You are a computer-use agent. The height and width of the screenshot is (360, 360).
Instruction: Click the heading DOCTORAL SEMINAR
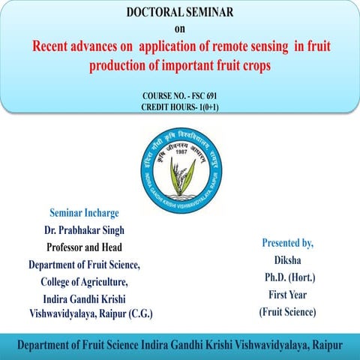(179, 13)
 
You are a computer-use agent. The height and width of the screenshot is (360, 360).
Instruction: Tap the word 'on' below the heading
(179, 30)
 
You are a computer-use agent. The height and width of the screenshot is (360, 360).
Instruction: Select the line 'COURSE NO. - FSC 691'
(179, 97)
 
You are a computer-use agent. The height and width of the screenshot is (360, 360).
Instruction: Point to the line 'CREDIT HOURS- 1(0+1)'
(179, 108)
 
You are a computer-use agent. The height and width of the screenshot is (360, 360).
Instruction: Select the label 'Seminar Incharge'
(84, 212)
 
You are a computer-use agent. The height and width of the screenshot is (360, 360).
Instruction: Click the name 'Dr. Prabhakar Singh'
(84, 230)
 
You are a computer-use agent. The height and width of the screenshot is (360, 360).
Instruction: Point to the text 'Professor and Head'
(84, 247)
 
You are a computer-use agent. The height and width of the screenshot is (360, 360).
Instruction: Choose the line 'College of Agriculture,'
(84, 282)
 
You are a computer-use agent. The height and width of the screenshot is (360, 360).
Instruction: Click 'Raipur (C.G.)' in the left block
(129, 313)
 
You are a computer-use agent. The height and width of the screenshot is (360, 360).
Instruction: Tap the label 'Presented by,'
(287, 243)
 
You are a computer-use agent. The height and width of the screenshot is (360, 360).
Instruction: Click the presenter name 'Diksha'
(287, 259)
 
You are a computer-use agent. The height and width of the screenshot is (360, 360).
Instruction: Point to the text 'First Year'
(287, 294)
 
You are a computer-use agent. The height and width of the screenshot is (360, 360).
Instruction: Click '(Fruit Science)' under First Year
(287, 311)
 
